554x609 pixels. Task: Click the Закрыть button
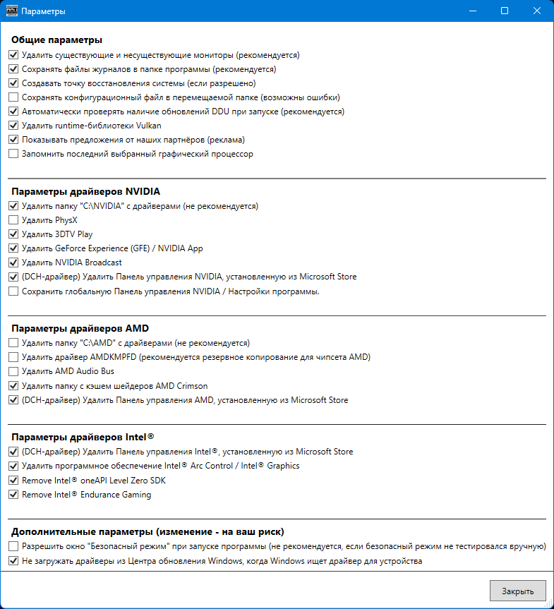pos(517,591)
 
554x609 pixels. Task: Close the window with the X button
pos(537,11)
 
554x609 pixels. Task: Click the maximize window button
pos(505,11)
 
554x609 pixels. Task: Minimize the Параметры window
pos(472,11)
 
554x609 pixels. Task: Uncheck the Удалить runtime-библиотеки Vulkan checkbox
pos(13,126)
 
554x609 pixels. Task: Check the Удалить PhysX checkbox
pos(13,220)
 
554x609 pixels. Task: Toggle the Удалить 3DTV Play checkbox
pos(13,234)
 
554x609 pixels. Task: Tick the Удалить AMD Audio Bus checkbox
pos(13,371)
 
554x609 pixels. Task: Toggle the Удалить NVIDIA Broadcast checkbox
pos(13,263)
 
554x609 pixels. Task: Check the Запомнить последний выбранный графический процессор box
pos(13,154)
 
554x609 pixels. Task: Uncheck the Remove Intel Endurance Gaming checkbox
pos(13,495)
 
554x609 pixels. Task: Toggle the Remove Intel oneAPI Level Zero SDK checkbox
pos(13,481)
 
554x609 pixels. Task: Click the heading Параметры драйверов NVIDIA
pos(85,191)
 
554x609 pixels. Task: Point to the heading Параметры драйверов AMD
pos(80,328)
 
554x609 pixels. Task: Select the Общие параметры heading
pos(57,40)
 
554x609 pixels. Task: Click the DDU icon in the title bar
pos(11,11)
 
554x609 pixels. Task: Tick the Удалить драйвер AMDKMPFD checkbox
pos(13,357)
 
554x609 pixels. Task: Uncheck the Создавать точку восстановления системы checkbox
pos(13,83)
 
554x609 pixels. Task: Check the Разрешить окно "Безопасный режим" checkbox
pos(13,547)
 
